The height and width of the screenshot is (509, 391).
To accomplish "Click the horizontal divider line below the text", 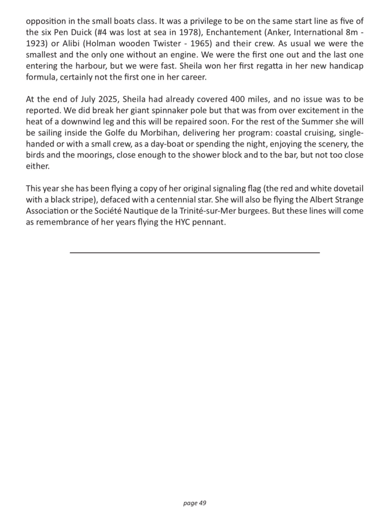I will (195, 253).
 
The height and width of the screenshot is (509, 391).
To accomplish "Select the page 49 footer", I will (195, 503).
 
